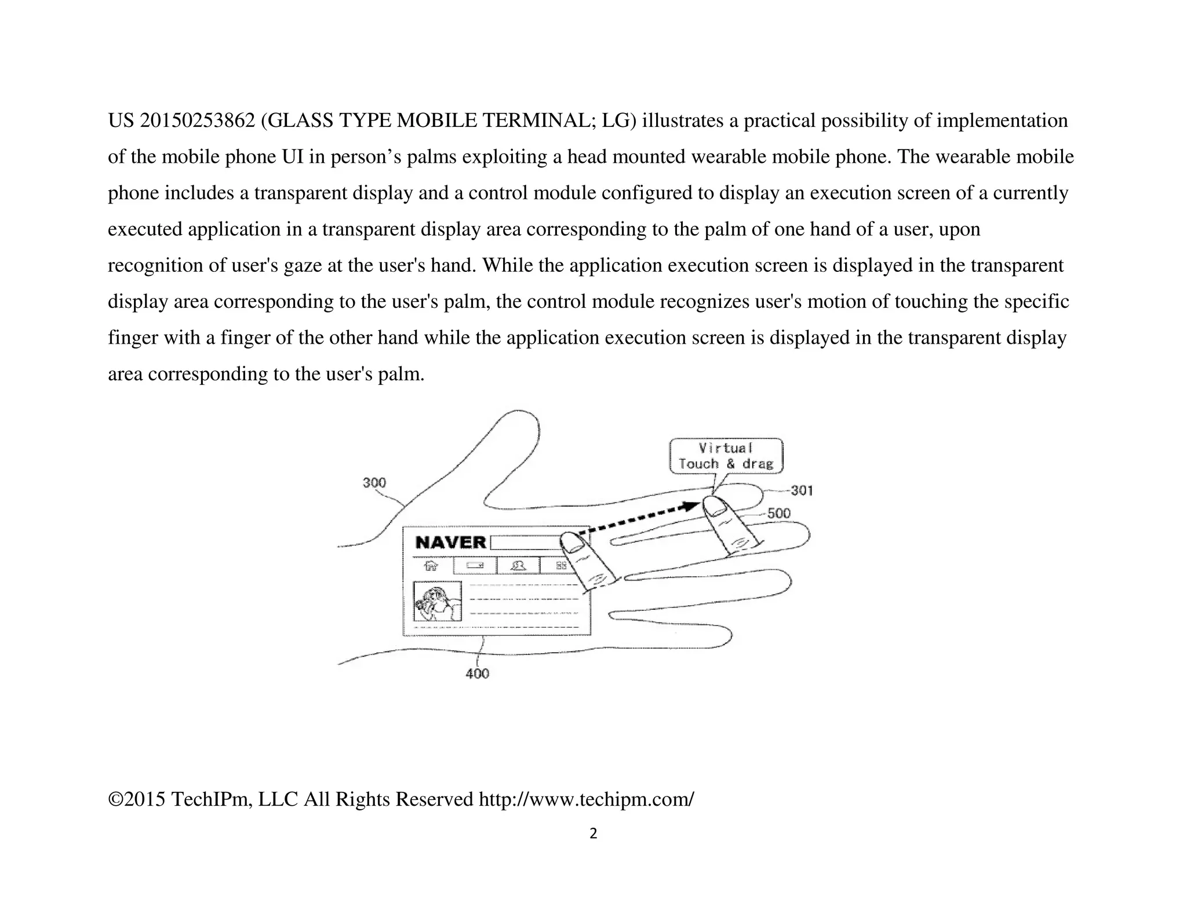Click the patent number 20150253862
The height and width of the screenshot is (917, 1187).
tap(198, 121)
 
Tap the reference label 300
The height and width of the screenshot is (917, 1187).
tap(374, 483)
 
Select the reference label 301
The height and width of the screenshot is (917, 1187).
tap(802, 491)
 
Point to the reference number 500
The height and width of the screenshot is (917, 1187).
tap(778, 514)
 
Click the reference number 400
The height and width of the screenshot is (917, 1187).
tap(477, 674)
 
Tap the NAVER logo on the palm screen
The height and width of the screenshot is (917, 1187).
tap(451, 543)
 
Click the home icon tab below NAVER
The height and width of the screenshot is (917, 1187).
tap(431, 565)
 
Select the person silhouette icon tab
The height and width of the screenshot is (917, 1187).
tap(518, 565)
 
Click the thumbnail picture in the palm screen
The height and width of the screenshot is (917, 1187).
tap(437, 601)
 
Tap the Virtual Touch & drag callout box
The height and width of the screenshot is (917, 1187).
tap(726, 456)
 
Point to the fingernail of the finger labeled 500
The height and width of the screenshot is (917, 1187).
tap(716, 508)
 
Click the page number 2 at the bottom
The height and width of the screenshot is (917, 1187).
tap(593, 834)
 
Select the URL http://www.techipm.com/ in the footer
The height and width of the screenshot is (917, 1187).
tap(586, 799)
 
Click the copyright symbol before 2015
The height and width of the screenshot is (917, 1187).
tap(115, 800)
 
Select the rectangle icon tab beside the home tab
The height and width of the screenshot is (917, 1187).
tap(475, 565)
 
